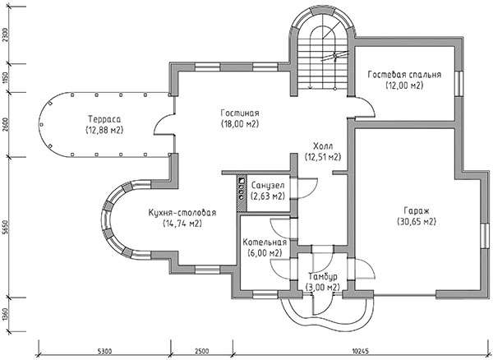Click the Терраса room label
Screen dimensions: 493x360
click(104, 119)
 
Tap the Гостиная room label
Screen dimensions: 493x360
click(240, 113)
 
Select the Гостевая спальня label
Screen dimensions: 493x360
click(404, 75)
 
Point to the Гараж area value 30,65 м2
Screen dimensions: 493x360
click(417, 222)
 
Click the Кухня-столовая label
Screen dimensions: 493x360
click(182, 213)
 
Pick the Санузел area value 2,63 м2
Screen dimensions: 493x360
click(268, 196)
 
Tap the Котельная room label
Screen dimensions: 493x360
click(265, 242)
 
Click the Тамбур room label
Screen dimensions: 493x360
click(323, 277)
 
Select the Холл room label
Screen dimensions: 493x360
click(323, 146)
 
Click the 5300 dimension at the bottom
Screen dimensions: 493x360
click(104, 351)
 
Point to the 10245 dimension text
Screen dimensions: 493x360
click(361, 351)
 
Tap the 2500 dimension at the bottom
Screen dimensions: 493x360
click(201, 351)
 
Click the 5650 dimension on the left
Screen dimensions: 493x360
click(5, 227)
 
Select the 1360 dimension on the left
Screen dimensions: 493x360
click(5, 315)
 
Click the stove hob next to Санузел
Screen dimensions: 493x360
click(242, 193)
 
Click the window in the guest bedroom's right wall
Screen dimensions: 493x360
click(459, 83)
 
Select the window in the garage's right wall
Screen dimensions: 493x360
click(486, 236)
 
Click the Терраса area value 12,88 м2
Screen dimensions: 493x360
click(104, 130)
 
